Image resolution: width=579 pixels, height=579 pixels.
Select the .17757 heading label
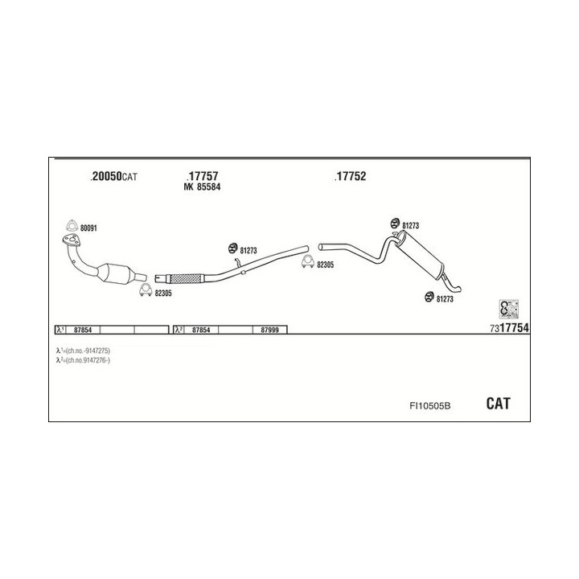point(202,176)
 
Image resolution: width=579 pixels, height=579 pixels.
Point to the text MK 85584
point(202,188)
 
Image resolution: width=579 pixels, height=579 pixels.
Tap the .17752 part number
point(350,176)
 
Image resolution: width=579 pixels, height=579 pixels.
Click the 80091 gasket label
point(88,228)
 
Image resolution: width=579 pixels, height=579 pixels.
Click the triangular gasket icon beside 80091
point(71,227)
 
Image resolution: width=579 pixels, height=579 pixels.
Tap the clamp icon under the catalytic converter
point(144,290)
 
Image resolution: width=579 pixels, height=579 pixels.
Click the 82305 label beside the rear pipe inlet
point(326,265)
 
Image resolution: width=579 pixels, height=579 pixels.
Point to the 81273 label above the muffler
point(410,226)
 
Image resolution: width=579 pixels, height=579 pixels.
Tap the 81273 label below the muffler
point(444,299)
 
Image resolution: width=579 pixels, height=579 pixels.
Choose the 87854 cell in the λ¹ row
point(81,330)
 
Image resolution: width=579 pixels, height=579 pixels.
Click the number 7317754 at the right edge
point(508,328)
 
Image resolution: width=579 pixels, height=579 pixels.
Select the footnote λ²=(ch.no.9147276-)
point(83,360)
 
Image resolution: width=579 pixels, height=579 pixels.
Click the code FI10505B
point(429,405)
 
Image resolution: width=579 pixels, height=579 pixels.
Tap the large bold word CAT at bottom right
point(498,404)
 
